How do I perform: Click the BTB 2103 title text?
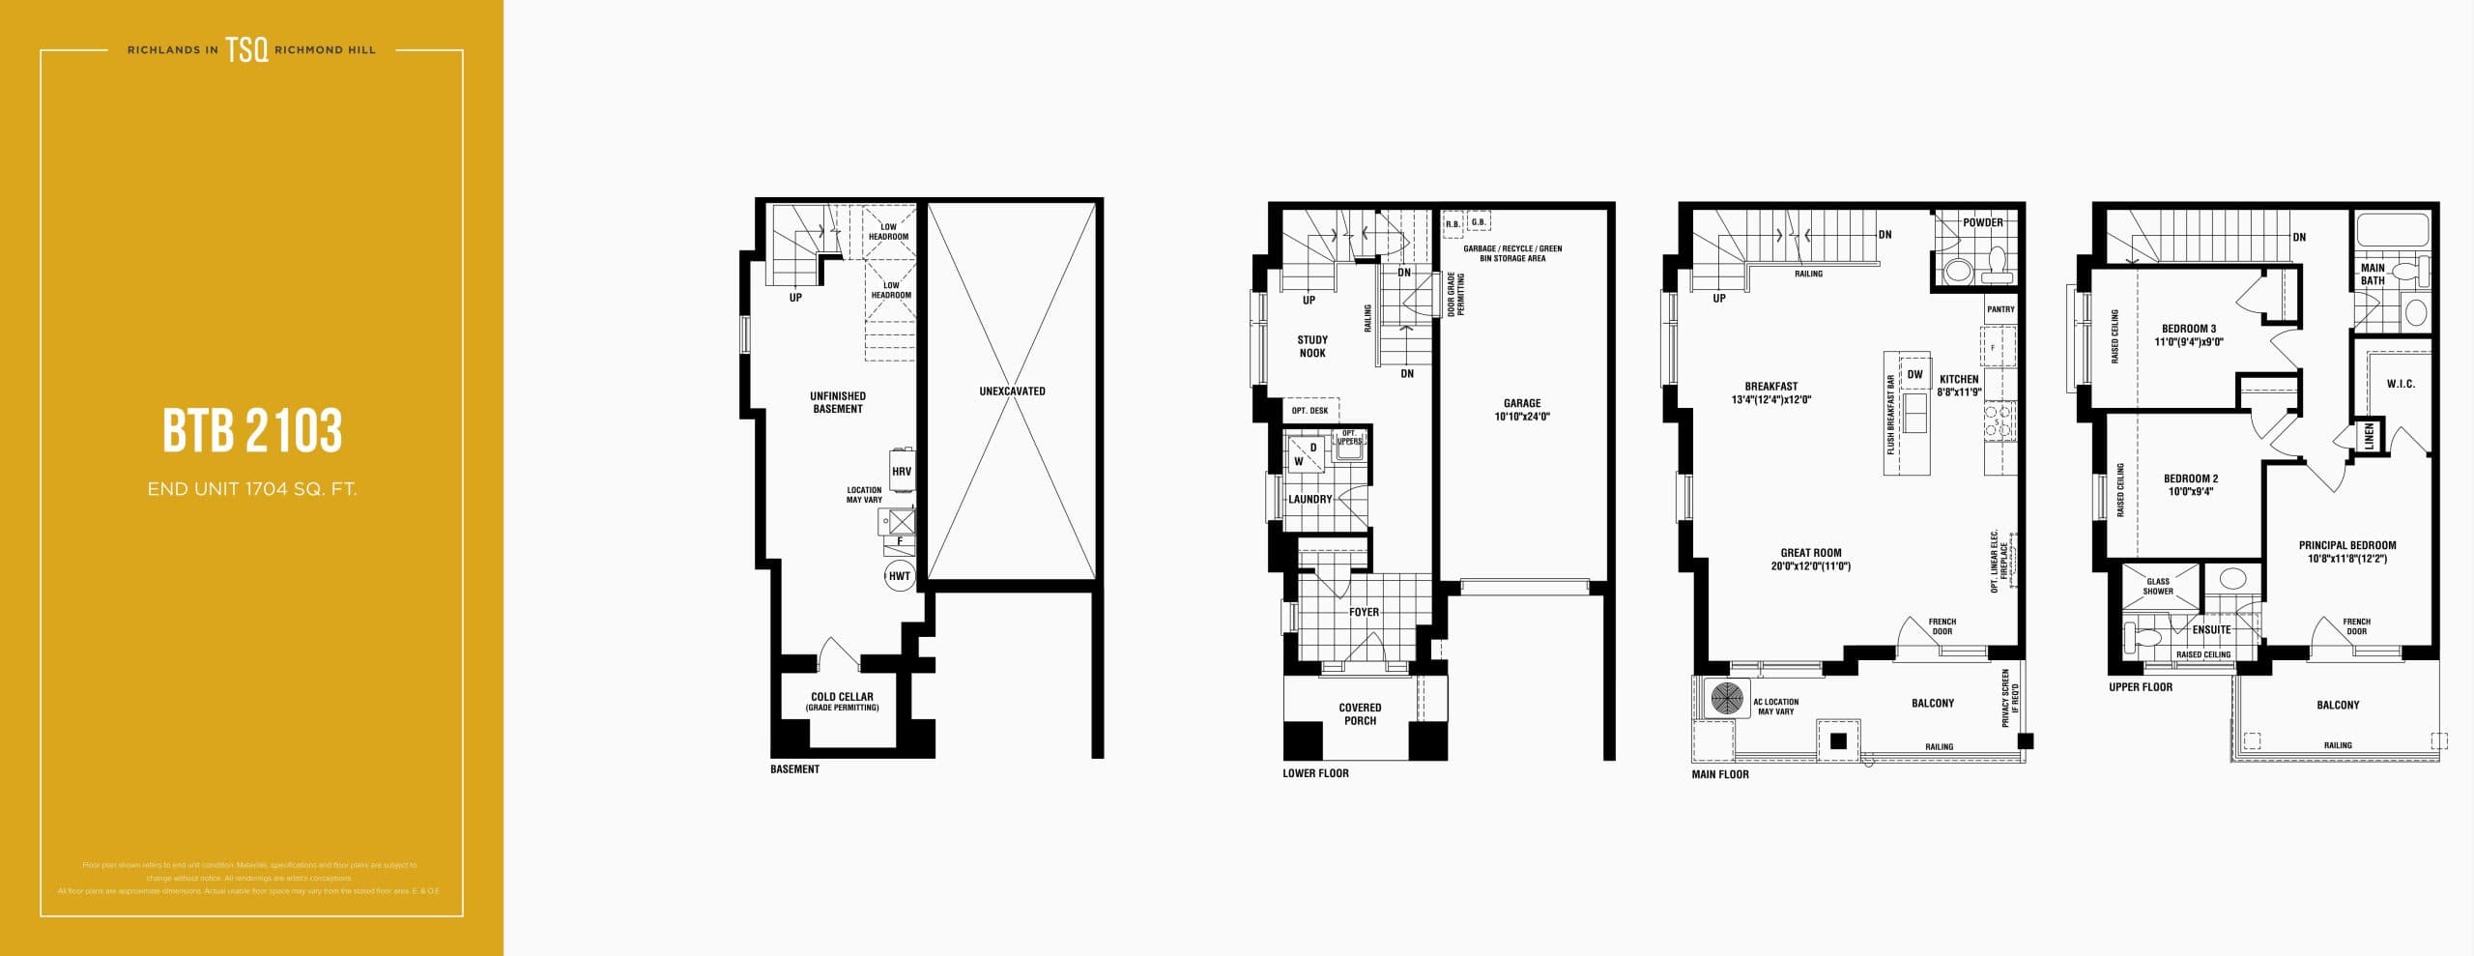[x=252, y=430]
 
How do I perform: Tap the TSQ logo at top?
[x=247, y=50]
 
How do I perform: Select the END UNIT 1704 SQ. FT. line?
[x=252, y=489]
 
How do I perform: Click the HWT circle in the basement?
[x=899, y=576]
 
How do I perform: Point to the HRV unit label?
[x=901, y=472]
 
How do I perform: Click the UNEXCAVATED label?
[x=1012, y=391]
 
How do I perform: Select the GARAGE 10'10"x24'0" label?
[x=1522, y=410]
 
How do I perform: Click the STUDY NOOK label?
[x=1312, y=346]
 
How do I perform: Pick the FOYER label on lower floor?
[x=1364, y=612]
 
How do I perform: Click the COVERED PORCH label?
[x=1360, y=713]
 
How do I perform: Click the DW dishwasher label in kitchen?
[x=1914, y=375]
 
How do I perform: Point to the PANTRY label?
[x=2000, y=309]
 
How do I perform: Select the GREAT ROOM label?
[x=1810, y=560]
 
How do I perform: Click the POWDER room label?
[x=1982, y=222]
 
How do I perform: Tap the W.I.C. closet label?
[x=2401, y=384]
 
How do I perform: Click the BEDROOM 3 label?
[x=2189, y=334]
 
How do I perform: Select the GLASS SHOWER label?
[x=2158, y=586]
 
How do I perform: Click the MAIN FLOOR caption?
[x=1719, y=774]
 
